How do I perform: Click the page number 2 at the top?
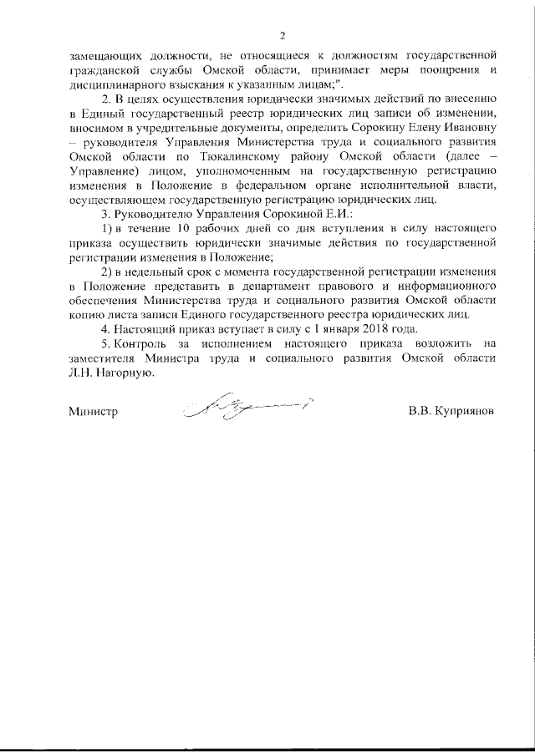click(x=283, y=35)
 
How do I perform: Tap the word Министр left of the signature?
click(x=91, y=412)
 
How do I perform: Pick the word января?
click(x=304, y=328)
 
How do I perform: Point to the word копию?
click(x=87, y=314)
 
